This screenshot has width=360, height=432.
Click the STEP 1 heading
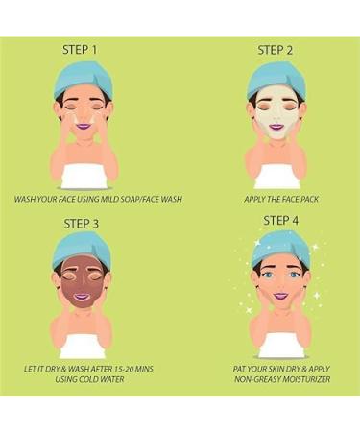(80, 50)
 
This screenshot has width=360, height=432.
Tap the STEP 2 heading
(276, 51)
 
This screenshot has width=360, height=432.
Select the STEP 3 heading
(82, 224)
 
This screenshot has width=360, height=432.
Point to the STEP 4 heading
(281, 221)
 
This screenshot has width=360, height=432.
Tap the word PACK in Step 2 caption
(308, 199)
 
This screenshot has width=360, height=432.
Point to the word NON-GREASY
(254, 379)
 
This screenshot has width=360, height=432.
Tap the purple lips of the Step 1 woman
(84, 126)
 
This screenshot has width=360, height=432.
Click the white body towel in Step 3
(83, 346)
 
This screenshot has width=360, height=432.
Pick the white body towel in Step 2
(277, 177)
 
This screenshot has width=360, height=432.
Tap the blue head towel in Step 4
(281, 250)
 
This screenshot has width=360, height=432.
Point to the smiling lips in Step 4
(280, 297)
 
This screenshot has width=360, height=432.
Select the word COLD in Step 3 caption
(88, 379)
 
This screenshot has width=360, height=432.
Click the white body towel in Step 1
(84, 177)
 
